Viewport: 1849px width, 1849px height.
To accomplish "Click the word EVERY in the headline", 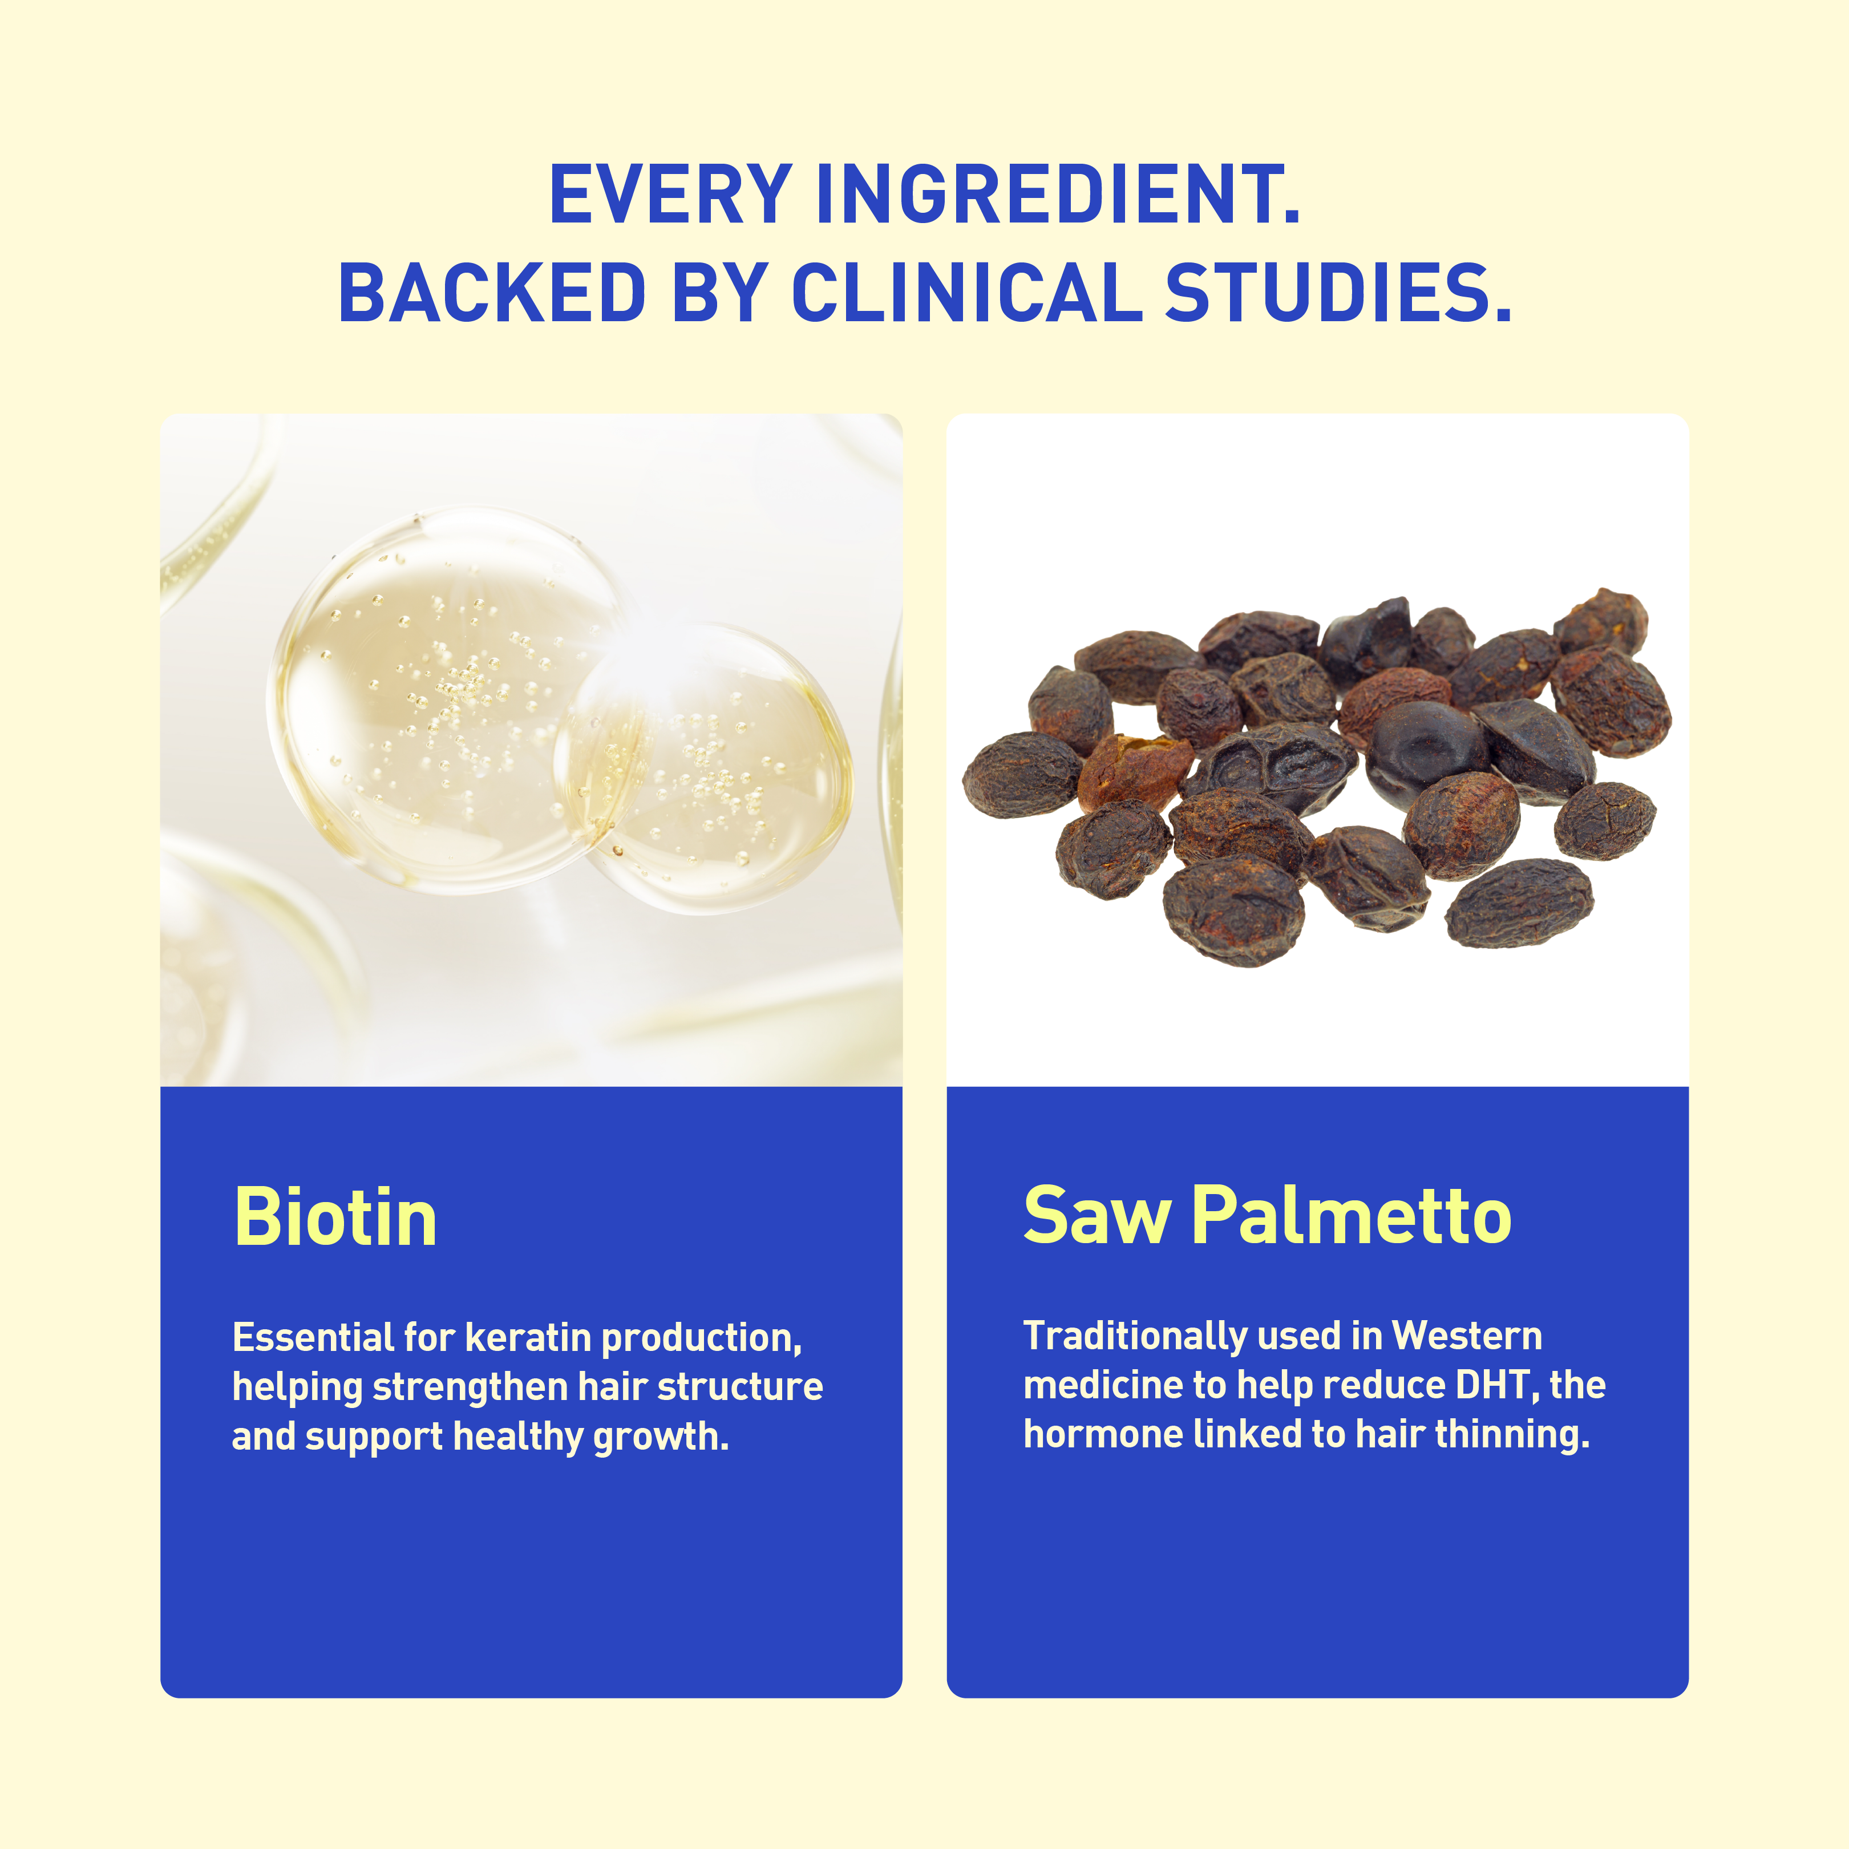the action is pyautogui.click(x=670, y=195).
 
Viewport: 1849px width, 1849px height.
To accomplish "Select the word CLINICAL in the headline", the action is pyautogui.click(x=966, y=292).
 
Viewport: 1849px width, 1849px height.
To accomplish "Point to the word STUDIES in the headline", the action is pyautogui.click(x=1338, y=292).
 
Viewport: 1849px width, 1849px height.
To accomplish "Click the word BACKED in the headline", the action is pyautogui.click(x=493, y=292).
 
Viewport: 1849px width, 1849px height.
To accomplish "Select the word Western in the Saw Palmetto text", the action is pyautogui.click(x=1467, y=1336).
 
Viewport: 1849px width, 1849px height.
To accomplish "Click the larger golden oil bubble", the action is pyautogui.click(x=450, y=701).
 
